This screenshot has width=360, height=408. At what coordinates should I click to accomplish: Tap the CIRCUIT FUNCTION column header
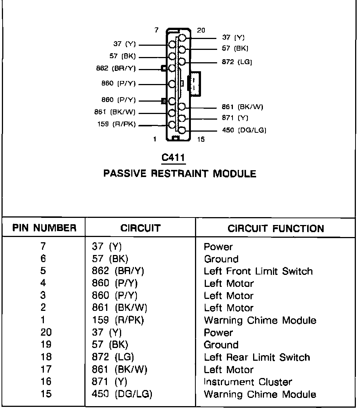pyautogui.click(x=276, y=228)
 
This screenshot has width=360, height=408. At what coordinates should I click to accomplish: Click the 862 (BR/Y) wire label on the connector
pyautogui.click(x=116, y=69)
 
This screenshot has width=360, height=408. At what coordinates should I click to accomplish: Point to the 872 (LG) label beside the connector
pyautogui.click(x=237, y=62)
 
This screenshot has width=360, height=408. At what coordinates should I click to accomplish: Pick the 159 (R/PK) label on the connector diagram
pyautogui.click(x=116, y=124)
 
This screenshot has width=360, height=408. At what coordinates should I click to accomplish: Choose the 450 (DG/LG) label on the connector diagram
pyautogui.click(x=244, y=130)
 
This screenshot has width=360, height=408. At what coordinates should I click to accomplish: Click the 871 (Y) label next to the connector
pyautogui.click(x=235, y=118)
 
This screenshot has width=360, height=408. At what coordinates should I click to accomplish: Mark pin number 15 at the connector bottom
pyautogui.click(x=201, y=139)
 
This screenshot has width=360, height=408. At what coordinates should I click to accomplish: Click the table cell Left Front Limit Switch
pyautogui.click(x=258, y=271)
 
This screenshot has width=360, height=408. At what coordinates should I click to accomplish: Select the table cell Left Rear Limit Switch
pyautogui.click(x=257, y=357)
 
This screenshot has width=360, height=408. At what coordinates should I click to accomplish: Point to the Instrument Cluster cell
pyautogui.click(x=248, y=382)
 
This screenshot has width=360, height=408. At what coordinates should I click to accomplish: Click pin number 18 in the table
pyautogui.click(x=46, y=357)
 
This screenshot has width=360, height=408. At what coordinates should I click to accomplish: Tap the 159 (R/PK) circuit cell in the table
pyautogui.click(x=118, y=320)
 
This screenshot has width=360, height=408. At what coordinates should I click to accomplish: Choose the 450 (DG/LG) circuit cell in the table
pyautogui.click(x=122, y=394)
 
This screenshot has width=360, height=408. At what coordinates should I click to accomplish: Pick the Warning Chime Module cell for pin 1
pyautogui.click(x=260, y=320)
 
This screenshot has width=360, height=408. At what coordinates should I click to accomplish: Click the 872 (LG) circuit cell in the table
pyautogui.click(x=113, y=357)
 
